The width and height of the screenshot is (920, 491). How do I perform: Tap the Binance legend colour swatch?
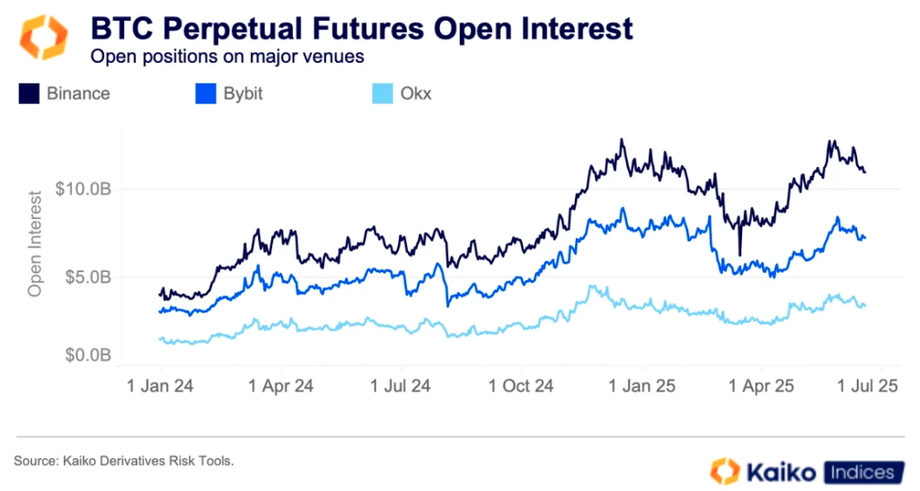click(29, 93)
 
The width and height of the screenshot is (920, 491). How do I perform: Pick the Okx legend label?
click(415, 93)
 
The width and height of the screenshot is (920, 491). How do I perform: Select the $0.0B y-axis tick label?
click(89, 355)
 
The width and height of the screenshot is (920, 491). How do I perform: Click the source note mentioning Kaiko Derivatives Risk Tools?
click(124, 460)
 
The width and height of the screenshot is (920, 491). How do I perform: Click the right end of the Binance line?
click(864, 171)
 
